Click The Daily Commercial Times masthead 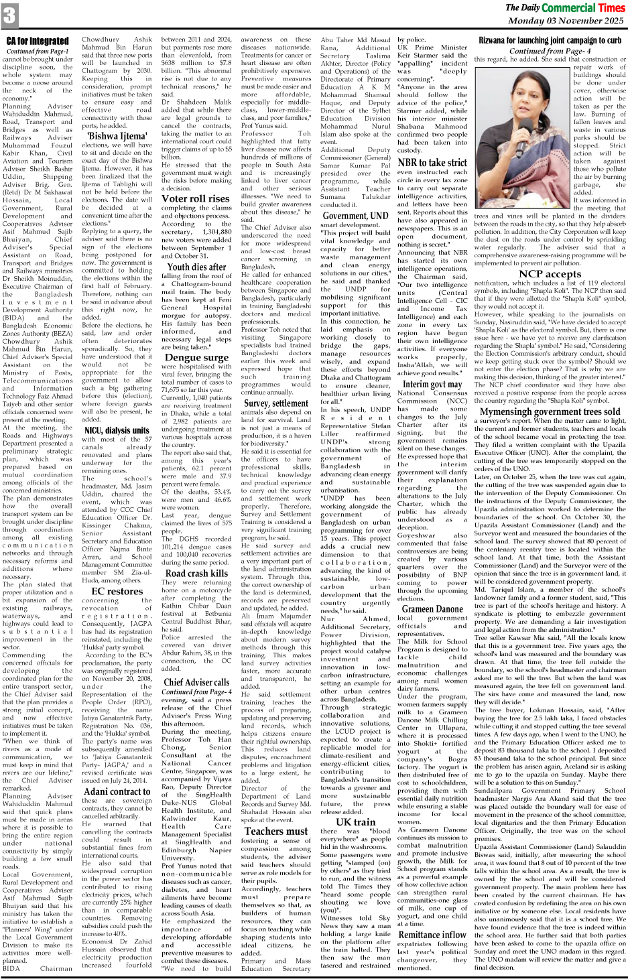coord(564,8)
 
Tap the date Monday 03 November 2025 coord(566,21)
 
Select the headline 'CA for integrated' coord(38,42)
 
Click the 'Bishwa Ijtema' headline coord(117,136)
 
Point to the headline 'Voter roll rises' coord(196,198)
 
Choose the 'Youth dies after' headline coord(196,267)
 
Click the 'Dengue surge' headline coord(196,357)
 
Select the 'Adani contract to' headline coord(117,791)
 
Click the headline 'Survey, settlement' coord(276,403)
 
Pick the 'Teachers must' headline coord(276,831)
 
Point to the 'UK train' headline coord(355,822)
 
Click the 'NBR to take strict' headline coord(432,163)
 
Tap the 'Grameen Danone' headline coord(432,609)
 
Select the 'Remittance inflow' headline coord(432,934)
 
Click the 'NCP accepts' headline coord(550,273)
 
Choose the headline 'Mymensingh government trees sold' coord(550,411)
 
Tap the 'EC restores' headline coord(117,591)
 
